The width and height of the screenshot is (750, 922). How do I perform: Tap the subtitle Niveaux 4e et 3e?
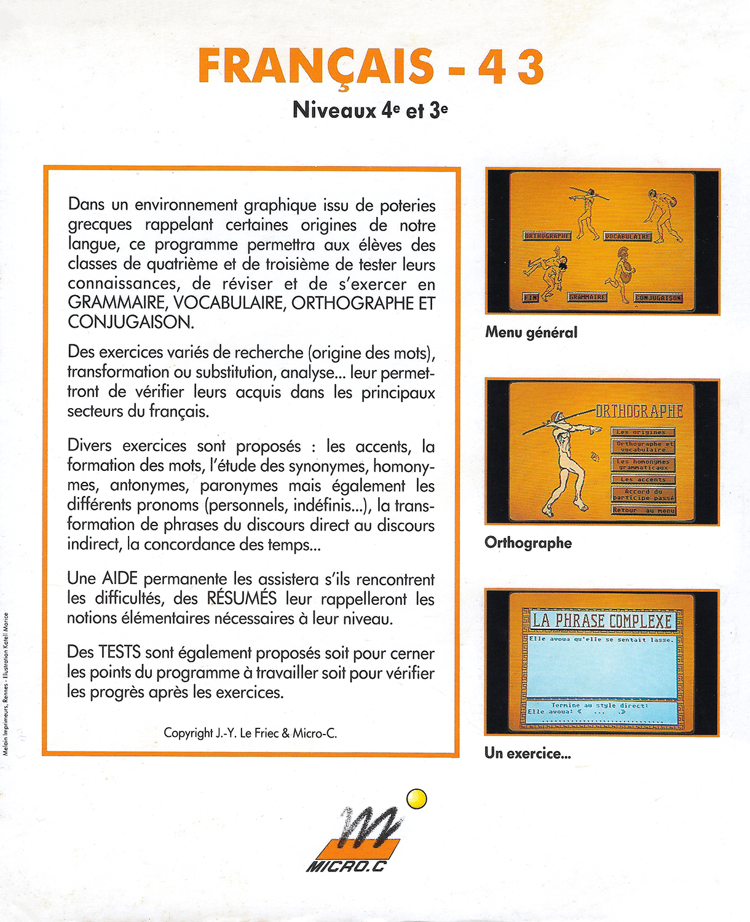(370, 111)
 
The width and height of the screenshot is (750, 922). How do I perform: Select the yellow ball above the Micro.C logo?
(417, 798)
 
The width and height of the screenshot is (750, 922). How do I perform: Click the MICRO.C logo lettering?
(346, 867)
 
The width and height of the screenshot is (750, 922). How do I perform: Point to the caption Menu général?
(531, 333)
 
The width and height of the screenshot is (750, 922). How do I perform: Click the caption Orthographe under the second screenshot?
(528, 543)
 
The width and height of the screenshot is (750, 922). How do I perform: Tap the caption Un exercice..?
(527, 753)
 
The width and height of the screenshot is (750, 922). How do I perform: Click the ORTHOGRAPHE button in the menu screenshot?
(547, 235)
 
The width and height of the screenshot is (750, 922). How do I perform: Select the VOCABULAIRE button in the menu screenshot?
(628, 236)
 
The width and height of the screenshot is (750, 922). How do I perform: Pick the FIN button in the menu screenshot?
(530, 297)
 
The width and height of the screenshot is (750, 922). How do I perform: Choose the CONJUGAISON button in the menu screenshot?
(658, 298)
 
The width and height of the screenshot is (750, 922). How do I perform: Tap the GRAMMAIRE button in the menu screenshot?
(587, 297)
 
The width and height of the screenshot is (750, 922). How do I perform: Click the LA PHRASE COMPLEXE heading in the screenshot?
(601, 620)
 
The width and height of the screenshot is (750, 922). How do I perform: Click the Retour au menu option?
(643, 510)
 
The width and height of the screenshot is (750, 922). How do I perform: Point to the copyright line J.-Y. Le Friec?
(250, 733)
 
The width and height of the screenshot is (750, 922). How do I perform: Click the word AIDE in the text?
(120, 579)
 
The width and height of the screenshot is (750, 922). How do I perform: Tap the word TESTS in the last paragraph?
(120, 653)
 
